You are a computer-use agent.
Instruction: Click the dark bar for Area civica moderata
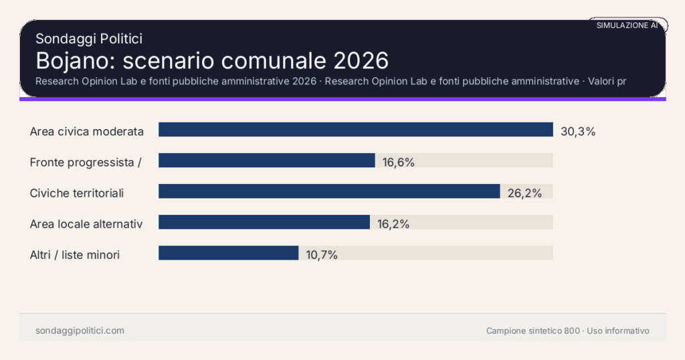click(355, 130)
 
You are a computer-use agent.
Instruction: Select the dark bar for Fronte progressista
click(266, 161)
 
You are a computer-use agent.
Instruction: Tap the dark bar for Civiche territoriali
click(329, 191)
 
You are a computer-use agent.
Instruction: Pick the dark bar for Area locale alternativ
click(264, 222)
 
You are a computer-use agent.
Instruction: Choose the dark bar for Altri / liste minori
click(228, 253)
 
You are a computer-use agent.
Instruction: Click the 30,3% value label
click(578, 131)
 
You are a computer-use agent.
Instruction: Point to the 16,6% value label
click(399, 162)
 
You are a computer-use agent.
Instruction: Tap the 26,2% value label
click(524, 193)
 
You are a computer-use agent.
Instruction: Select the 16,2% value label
click(393, 223)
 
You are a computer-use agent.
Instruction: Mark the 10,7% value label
click(322, 254)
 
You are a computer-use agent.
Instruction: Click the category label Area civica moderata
click(87, 131)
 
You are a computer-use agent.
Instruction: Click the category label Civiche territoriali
click(77, 193)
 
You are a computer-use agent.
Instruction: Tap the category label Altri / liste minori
click(75, 254)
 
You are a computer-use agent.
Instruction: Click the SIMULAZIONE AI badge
click(627, 25)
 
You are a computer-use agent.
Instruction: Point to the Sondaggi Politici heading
click(89, 39)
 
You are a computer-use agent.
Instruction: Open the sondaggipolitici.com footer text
click(80, 331)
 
